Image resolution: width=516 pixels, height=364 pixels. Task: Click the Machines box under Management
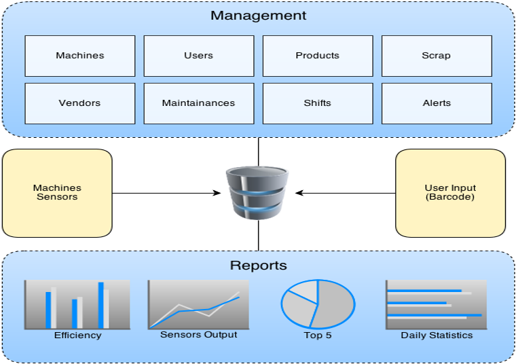pyautogui.click(x=80, y=56)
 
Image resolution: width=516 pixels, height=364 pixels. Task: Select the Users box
pyautogui.click(x=199, y=56)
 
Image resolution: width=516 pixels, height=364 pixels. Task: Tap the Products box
pyautogui.click(x=318, y=56)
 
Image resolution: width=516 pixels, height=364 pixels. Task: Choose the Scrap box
pyautogui.click(x=437, y=56)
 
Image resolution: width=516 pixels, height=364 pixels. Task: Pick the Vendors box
pyautogui.click(x=80, y=103)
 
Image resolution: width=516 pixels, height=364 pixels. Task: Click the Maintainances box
pyautogui.click(x=199, y=103)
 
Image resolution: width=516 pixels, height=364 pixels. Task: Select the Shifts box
pyautogui.click(x=318, y=103)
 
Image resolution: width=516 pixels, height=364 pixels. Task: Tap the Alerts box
pyautogui.click(x=437, y=103)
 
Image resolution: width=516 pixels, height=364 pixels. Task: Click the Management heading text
pyautogui.click(x=258, y=16)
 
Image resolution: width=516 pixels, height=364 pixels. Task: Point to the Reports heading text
pyautogui.click(x=258, y=266)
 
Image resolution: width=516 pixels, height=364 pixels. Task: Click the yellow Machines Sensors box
pyautogui.click(x=57, y=193)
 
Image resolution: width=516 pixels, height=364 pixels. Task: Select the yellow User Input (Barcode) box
pyautogui.click(x=450, y=193)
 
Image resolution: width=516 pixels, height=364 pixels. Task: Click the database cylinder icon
pyautogui.click(x=257, y=193)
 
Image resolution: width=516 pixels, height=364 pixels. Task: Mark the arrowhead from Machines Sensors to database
pyautogui.click(x=217, y=193)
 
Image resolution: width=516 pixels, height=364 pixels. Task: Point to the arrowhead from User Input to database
pyautogui.click(x=299, y=193)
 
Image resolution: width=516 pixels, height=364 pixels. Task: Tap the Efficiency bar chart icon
pyautogui.click(x=77, y=304)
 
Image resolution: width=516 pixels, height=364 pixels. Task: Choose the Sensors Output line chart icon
pyautogui.click(x=198, y=304)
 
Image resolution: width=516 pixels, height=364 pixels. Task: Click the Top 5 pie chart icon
pyautogui.click(x=318, y=304)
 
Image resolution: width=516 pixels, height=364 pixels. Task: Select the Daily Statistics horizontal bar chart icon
pyautogui.click(x=436, y=304)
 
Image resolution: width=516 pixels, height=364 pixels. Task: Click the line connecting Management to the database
pyautogui.click(x=258, y=151)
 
